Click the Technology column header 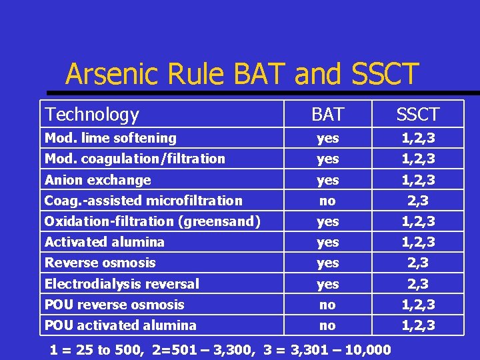91,115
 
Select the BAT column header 327,115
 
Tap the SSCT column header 417,115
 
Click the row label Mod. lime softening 110,139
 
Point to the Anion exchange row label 97,180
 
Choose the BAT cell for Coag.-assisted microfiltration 327,201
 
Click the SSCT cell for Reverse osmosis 417,263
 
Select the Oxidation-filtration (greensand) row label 152,221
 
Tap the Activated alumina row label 104,242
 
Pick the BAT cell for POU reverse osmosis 327,305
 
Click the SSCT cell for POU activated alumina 417,325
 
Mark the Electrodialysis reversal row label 121,284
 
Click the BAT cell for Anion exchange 327,180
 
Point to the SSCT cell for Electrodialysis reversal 417,284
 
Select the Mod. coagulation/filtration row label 135,159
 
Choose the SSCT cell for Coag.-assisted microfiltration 417,201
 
